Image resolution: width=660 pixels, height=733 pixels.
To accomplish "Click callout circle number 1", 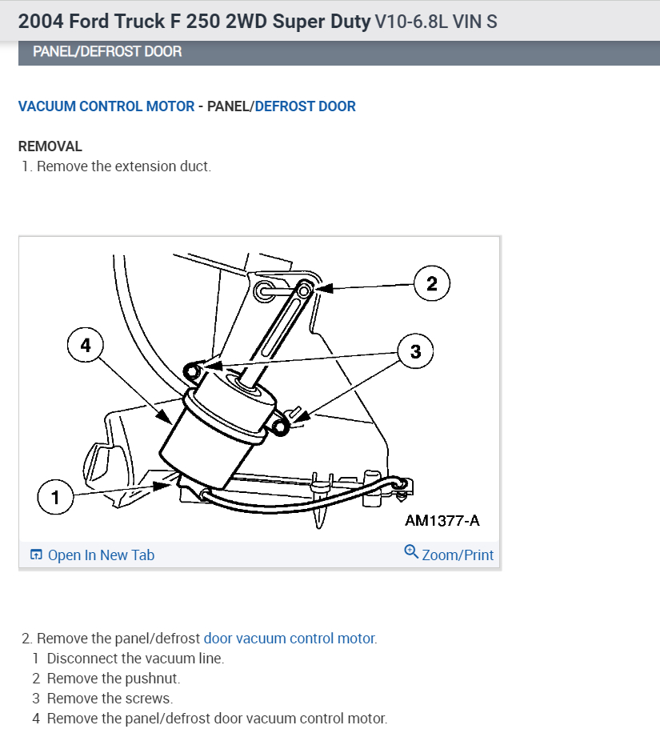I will tap(55, 498).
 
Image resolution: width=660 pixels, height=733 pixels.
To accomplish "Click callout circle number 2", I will tap(432, 284).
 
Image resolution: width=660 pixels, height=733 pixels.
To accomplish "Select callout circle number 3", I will tap(415, 350).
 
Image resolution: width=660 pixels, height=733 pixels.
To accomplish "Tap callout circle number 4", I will tap(86, 345).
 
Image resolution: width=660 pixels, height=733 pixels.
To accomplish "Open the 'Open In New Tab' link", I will tap(101, 555).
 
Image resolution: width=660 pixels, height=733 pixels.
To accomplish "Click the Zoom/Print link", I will tap(458, 555).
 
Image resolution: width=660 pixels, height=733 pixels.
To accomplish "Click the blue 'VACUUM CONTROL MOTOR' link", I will tap(106, 106).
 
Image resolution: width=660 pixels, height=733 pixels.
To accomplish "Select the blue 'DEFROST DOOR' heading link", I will tap(305, 106).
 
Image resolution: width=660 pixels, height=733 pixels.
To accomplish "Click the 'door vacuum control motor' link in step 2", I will tap(289, 639).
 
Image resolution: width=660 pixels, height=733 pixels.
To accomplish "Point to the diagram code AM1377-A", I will tap(442, 521).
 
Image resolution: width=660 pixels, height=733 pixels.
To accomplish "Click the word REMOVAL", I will tap(50, 146).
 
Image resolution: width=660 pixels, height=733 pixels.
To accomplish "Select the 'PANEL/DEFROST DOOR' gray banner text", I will tap(107, 51).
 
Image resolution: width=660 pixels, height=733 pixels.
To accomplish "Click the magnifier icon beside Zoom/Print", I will tap(411, 551).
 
